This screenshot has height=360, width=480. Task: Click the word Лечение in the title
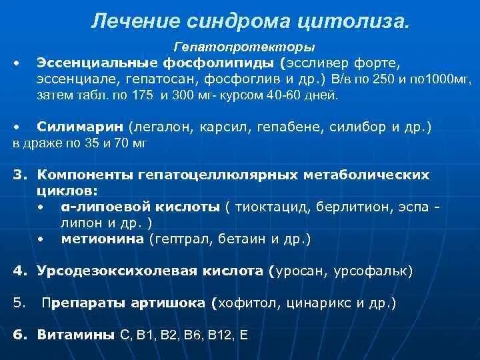point(129,21)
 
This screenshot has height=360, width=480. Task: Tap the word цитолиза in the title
point(354,21)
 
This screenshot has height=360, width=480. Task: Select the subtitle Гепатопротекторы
point(244,48)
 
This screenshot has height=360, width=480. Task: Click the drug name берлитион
point(354,207)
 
